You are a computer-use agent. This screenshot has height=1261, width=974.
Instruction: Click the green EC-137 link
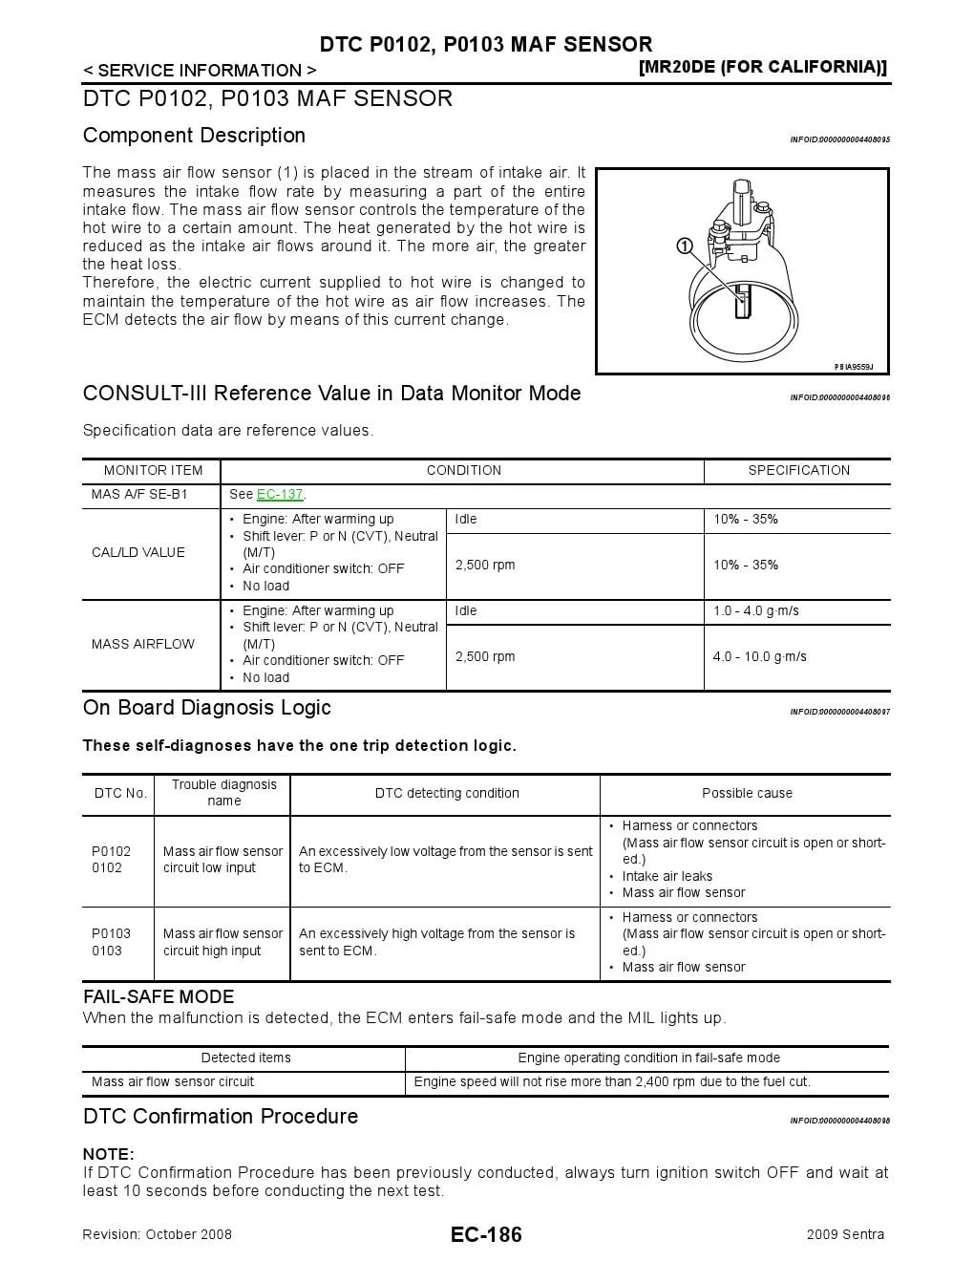pyautogui.click(x=279, y=495)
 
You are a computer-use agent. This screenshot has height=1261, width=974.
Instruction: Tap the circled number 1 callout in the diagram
pyautogui.click(x=685, y=246)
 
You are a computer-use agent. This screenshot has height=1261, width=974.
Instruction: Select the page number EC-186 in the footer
pyautogui.click(x=486, y=1234)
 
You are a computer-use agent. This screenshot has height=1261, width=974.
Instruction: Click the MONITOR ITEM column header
pyautogui.click(x=153, y=471)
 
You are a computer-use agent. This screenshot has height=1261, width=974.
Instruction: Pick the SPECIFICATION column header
pyautogui.click(x=798, y=471)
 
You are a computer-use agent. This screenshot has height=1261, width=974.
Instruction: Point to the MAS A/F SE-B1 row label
pyautogui.click(x=139, y=495)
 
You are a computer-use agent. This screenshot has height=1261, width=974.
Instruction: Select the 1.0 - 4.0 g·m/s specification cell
pyautogui.click(x=756, y=611)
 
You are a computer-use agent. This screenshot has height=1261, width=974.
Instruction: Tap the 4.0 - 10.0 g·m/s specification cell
pyautogui.click(x=759, y=657)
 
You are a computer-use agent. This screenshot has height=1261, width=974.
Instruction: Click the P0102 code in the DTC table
pyautogui.click(x=111, y=851)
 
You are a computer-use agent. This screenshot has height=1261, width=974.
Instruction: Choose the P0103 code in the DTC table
pyautogui.click(x=111, y=933)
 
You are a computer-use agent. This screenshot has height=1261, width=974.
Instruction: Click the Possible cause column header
pyautogui.click(x=747, y=794)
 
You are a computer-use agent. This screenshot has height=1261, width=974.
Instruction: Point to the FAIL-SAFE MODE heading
pyautogui.click(x=159, y=996)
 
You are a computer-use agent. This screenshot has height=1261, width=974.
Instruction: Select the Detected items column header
pyautogui.click(x=245, y=1058)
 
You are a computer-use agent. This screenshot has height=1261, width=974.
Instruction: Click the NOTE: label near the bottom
pyautogui.click(x=108, y=1154)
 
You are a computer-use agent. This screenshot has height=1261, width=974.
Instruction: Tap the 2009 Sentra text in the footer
pyautogui.click(x=845, y=1234)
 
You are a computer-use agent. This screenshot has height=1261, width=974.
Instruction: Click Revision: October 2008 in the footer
pyautogui.click(x=158, y=1234)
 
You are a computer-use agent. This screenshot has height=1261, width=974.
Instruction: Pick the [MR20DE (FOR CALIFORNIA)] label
pyautogui.click(x=762, y=67)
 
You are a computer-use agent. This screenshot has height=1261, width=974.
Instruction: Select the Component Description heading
pyautogui.click(x=194, y=136)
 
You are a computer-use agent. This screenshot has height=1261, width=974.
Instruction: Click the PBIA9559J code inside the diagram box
pyautogui.click(x=854, y=367)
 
